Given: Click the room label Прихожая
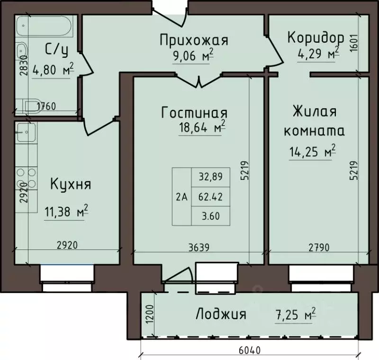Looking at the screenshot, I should click(x=194, y=40).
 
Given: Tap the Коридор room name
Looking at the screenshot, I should click(x=315, y=37).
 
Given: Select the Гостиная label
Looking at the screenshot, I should click(x=194, y=113).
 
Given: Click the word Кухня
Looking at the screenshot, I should click(x=71, y=184).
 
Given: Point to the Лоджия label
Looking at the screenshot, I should click(x=221, y=314).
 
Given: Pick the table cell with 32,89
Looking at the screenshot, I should click(x=209, y=177).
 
